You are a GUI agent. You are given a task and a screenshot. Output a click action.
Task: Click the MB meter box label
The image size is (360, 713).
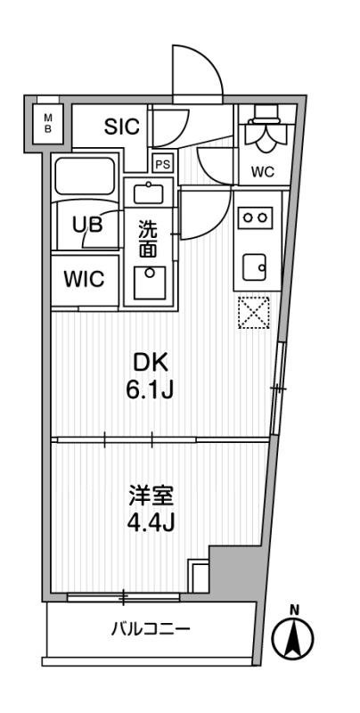48,123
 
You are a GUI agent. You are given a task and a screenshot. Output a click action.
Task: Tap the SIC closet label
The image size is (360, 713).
121,127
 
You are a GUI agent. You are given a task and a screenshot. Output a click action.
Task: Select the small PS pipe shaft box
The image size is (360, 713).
163,164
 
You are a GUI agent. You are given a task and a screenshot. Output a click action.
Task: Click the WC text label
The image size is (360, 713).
263,172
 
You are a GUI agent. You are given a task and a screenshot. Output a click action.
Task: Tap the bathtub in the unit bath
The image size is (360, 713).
85,177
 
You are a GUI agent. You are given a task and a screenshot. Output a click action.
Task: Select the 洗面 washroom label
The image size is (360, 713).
148,240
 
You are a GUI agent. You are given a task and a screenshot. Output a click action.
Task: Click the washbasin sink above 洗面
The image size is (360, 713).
147,193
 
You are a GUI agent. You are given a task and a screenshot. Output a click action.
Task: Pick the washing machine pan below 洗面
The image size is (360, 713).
150,283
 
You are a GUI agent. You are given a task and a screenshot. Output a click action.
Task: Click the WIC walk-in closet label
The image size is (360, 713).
84,279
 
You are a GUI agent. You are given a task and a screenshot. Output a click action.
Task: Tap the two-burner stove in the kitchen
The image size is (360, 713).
255,217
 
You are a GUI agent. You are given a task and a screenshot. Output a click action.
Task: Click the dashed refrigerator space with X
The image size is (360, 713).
254,313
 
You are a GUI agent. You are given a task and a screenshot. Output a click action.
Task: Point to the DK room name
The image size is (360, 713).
151,364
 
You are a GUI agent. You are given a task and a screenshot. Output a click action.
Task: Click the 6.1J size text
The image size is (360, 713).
151,389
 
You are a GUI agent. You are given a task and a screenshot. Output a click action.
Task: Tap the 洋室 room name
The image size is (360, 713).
151,497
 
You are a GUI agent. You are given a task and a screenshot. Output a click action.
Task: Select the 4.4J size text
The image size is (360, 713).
151,524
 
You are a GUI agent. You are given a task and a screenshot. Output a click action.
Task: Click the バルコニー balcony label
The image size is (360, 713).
150,630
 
